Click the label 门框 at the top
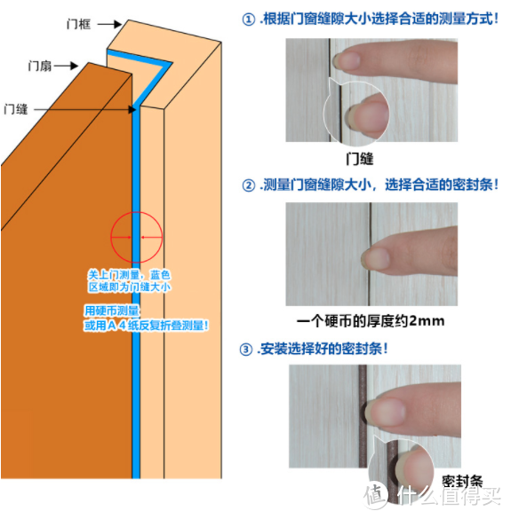coord(78,24)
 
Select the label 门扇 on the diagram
coord(40,66)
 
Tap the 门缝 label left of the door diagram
coord(16,109)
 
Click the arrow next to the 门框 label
coord(109,24)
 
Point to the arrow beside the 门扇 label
coord(67,66)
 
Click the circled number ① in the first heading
coord(248,20)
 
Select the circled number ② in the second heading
coord(248,185)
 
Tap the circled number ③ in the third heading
coord(245,350)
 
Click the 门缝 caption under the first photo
coord(360,159)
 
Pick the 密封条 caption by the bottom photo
coord(462,481)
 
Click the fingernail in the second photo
coord(375,258)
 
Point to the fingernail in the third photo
coord(386,412)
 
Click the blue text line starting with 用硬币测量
coord(112,311)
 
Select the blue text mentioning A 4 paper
coord(146,326)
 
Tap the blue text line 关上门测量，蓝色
coord(129,275)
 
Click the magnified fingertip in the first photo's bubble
coord(368,116)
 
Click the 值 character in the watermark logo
coord(375,496)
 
